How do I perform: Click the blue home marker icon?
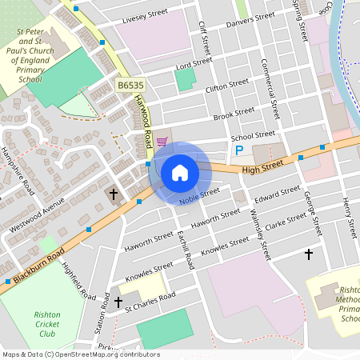point(179,172)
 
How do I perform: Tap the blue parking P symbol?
point(238,150)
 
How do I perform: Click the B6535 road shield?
point(130,84)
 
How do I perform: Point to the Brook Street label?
point(234,115)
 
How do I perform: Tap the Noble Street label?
point(199,196)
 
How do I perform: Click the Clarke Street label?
point(286,226)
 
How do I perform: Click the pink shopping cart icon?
point(162,142)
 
